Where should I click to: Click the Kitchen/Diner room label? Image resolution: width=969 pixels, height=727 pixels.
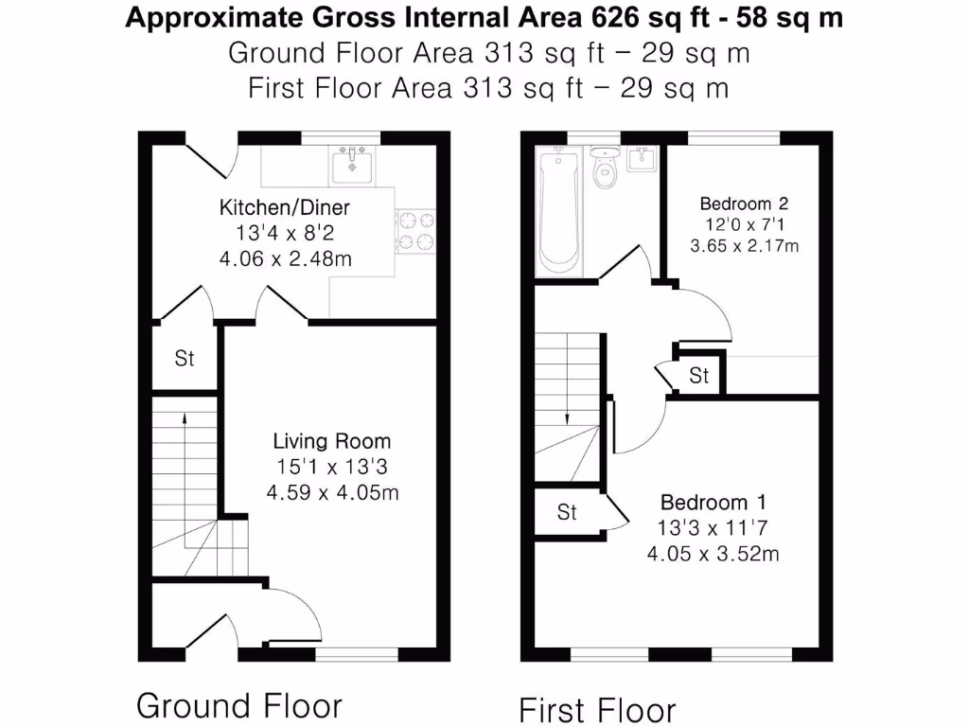coord(285,207)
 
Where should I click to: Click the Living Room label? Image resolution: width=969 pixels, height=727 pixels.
coord(331,441)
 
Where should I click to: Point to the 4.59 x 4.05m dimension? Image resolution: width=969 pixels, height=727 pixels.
coord(331,492)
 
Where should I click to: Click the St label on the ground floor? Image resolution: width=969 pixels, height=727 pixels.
coord(184,359)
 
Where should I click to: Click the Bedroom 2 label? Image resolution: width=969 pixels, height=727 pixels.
coord(744,203)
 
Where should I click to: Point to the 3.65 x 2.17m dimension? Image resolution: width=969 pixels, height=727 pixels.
coord(744,247)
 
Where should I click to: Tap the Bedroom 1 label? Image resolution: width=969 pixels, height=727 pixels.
coord(713,503)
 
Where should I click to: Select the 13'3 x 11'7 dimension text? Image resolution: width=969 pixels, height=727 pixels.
coord(713,528)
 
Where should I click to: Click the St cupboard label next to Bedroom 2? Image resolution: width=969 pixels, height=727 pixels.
coord(698,377)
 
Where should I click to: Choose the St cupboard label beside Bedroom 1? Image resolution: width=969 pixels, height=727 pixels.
coord(566,513)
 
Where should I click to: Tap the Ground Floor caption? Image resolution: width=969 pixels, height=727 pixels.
coord(239,705)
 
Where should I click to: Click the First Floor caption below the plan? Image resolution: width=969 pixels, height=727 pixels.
coord(597,709)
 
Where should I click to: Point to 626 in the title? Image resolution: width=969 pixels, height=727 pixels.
coord(615,18)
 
